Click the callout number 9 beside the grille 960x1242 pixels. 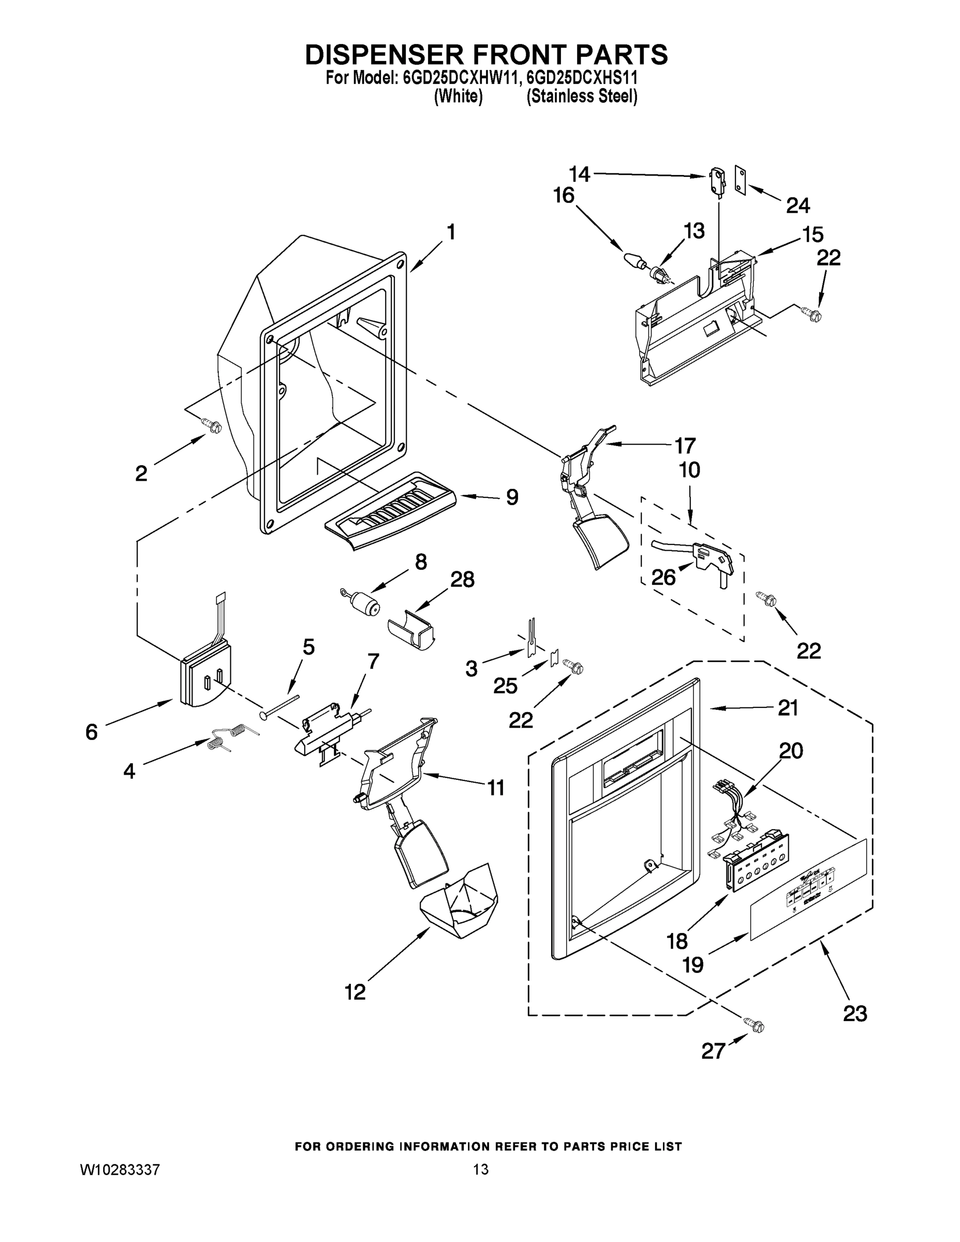click(x=512, y=498)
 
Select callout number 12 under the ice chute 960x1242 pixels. click(x=356, y=993)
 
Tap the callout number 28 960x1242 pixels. click(x=462, y=580)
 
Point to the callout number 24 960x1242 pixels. click(x=798, y=205)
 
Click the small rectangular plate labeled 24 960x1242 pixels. click(x=740, y=180)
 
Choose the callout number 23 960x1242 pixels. click(x=855, y=1013)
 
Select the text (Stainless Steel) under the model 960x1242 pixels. click(x=581, y=97)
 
